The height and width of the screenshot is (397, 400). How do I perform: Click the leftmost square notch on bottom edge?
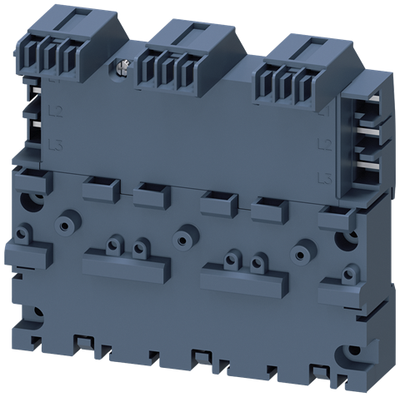click(83, 342)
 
